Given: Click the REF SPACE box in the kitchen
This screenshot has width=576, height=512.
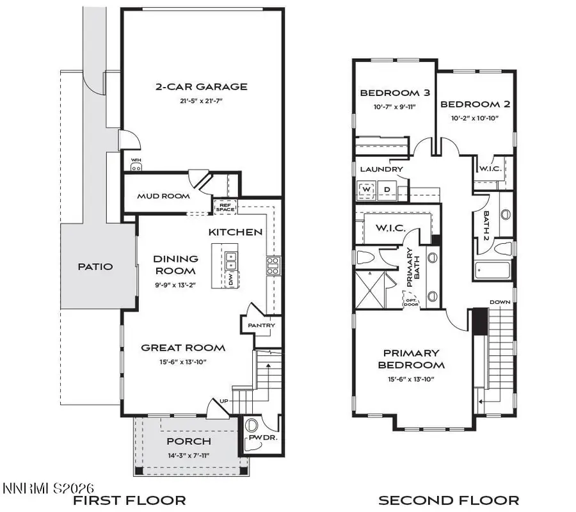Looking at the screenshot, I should [x=227, y=207].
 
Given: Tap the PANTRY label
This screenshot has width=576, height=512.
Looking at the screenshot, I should [x=261, y=325].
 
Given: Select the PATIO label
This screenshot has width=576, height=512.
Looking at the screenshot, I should [x=95, y=266].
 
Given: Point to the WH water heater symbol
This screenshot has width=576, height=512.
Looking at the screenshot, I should [x=136, y=166].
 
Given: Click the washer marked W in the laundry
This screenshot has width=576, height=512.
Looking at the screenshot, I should [x=367, y=189].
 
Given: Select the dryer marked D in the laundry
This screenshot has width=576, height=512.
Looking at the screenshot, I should [x=387, y=189].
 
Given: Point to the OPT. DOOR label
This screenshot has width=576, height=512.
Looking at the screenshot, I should [x=410, y=299].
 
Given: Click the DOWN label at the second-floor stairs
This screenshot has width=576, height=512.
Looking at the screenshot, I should [x=499, y=302].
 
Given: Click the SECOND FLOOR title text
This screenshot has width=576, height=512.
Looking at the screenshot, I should [x=449, y=500].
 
